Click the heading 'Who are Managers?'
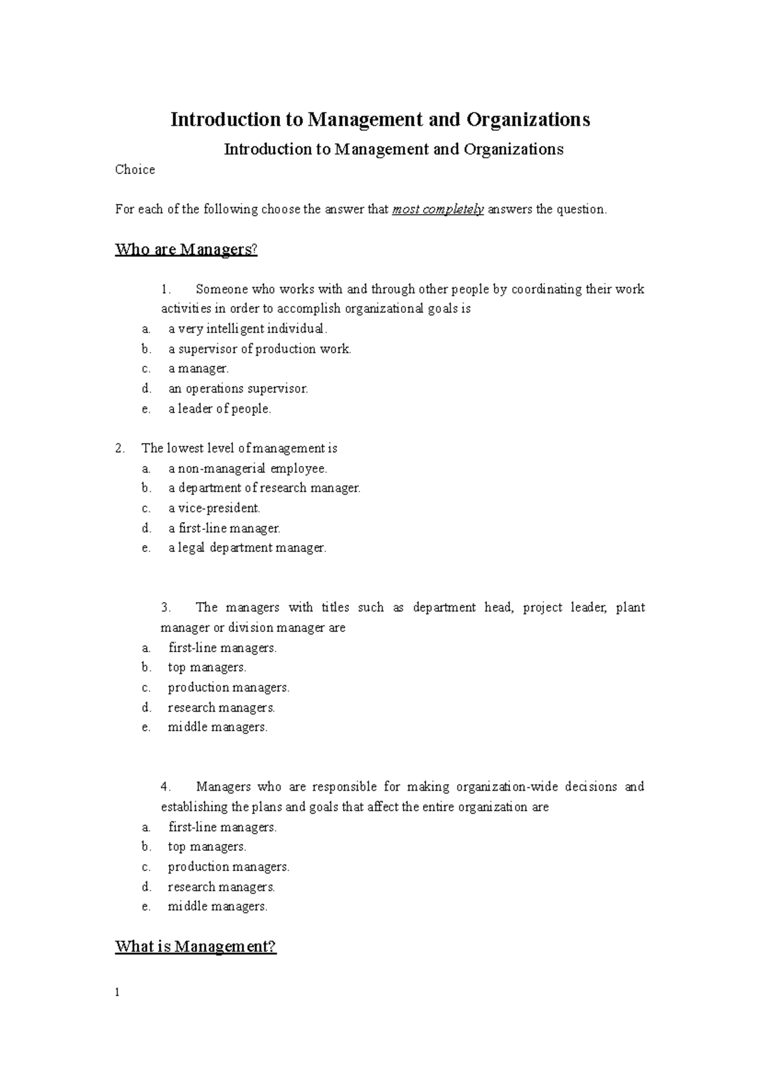click(186, 249)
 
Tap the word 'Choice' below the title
click(135, 170)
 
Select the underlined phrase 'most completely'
click(438, 210)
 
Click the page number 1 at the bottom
click(117, 993)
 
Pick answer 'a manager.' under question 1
click(198, 368)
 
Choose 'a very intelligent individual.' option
click(248, 329)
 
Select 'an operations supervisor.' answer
click(237, 389)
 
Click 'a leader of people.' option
click(219, 409)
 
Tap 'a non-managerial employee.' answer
click(248, 468)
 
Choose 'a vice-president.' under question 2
click(214, 508)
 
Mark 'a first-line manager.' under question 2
click(224, 528)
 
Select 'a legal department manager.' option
click(247, 548)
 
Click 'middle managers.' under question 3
click(217, 727)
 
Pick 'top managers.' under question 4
click(206, 846)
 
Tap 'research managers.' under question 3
click(221, 707)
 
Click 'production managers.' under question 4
click(228, 866)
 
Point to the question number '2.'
click(120, 448)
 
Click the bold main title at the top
click(380, 120)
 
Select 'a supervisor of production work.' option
click(259, 349)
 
